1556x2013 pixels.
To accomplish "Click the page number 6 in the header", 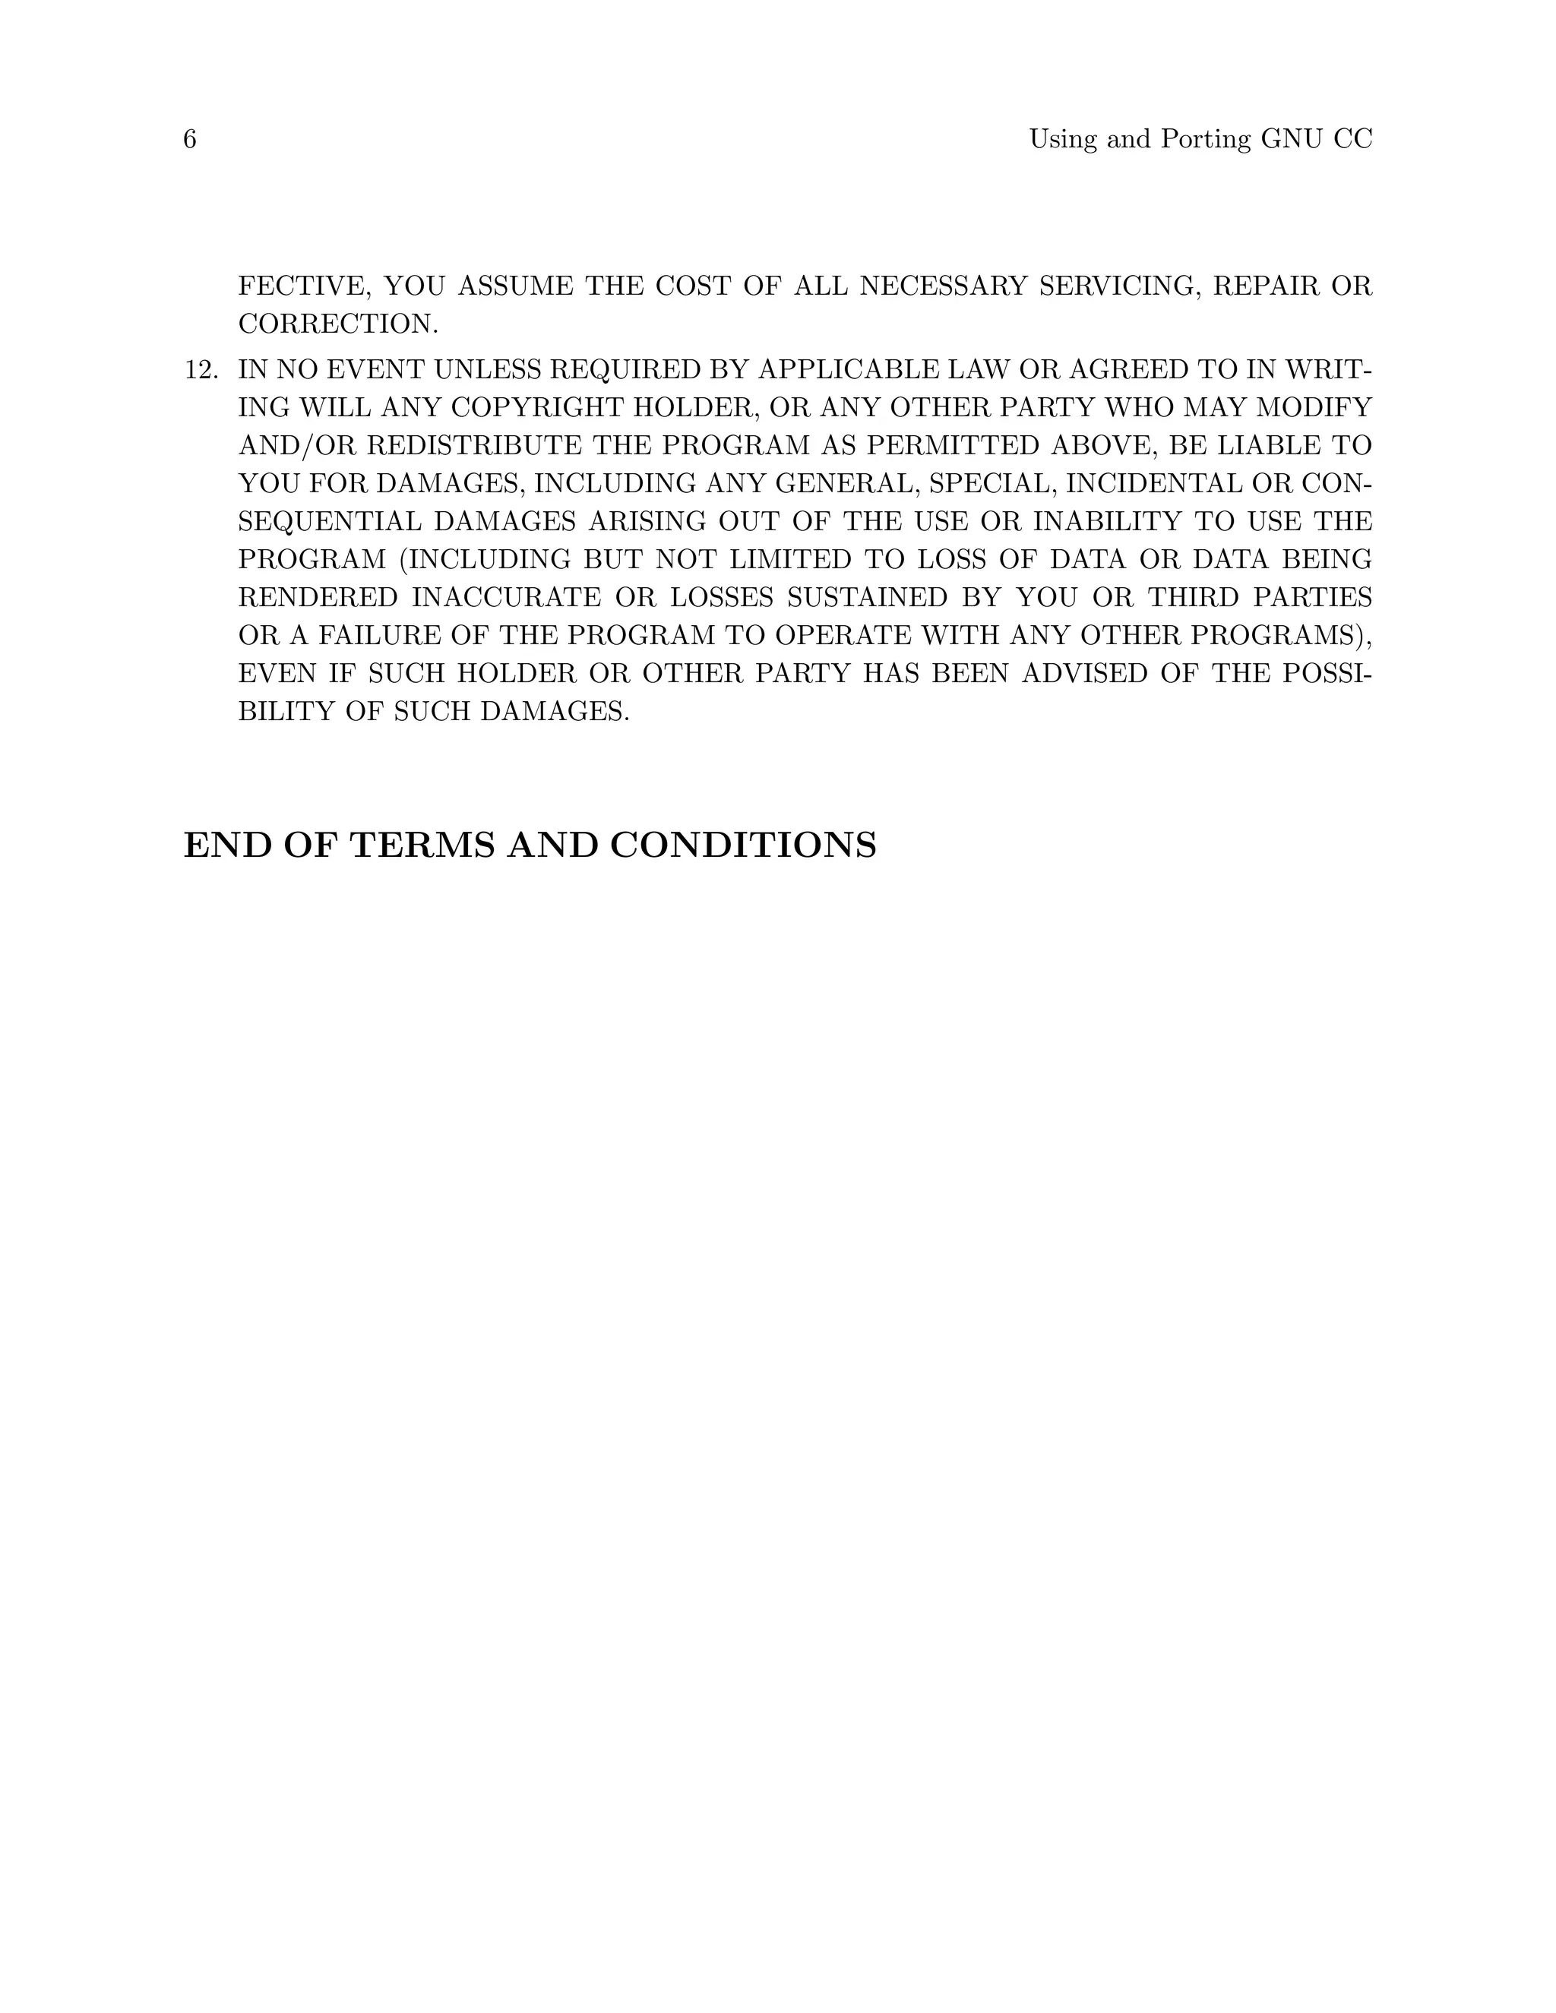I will [190, 139].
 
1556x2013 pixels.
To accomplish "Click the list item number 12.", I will [201, 371].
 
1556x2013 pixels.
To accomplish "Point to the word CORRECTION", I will [338, 324].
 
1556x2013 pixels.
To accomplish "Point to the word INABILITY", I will [1106, 522].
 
